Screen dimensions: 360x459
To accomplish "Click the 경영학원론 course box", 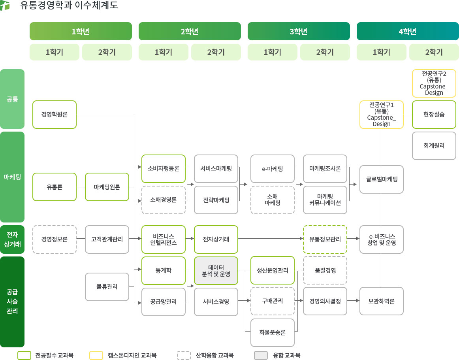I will point(55,115).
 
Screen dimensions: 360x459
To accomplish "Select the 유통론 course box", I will point(55,187).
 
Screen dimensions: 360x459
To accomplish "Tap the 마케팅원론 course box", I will point(107,187).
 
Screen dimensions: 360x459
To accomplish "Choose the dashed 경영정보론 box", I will point(55,239).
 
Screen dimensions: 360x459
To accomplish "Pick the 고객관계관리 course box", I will point(107,239).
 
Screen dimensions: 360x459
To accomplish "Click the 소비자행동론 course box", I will point(164,168).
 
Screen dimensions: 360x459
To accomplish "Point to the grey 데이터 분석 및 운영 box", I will point(216,271).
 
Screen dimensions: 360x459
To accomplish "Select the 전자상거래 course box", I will point(216,239).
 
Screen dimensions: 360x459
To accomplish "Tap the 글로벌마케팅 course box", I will point(382,179).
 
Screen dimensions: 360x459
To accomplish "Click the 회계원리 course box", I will point(434,145).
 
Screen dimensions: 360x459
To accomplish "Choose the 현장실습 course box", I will point(434,115).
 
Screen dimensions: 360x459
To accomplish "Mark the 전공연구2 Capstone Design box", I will point(434,83).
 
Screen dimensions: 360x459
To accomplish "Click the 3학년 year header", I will point(299,31).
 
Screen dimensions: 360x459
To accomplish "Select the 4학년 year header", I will point(408,31).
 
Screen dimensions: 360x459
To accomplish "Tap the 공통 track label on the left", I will point(12,99).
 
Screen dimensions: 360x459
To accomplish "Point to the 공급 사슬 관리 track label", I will point(12,302).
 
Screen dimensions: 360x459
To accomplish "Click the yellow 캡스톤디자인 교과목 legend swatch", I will point(96,355).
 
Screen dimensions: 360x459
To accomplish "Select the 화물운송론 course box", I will point(273,332).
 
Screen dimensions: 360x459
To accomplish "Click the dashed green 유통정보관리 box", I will point(325,239).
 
